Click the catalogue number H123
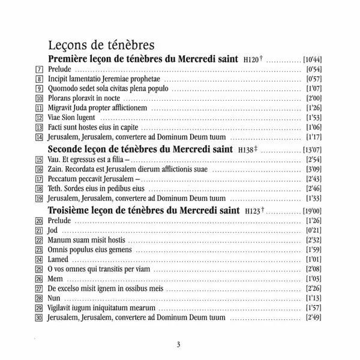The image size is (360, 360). tap(255, 211)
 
